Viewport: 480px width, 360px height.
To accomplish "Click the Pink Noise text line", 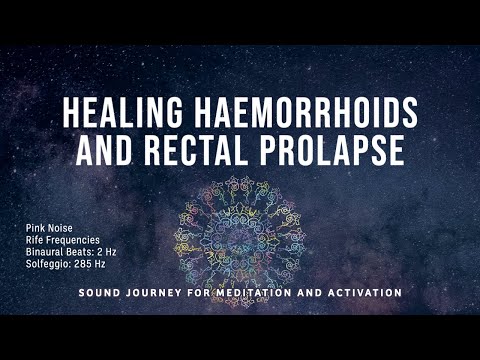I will click(49, 228).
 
